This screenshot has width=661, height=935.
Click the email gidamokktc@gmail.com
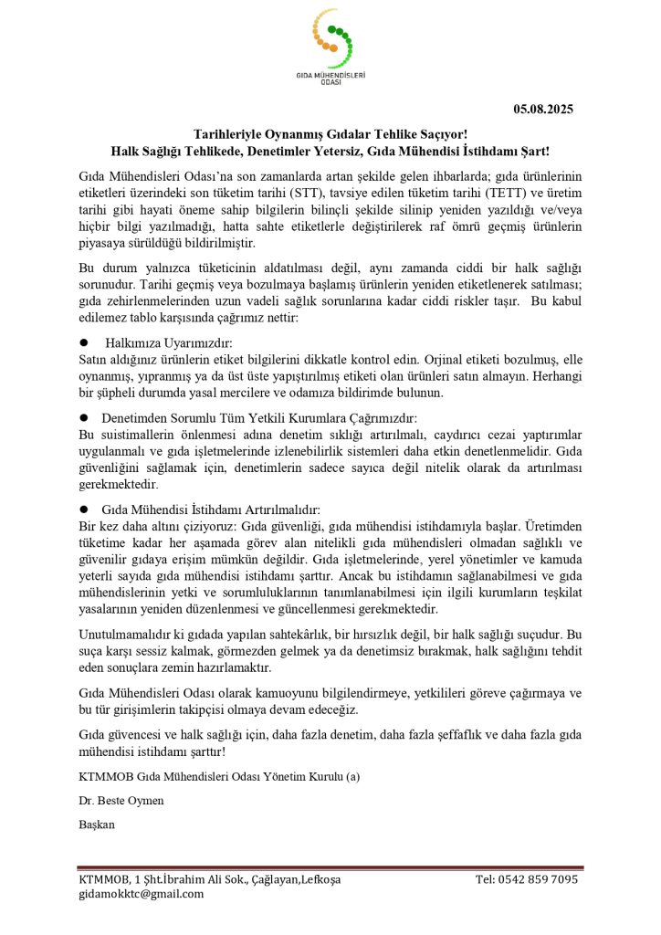click(141, 895)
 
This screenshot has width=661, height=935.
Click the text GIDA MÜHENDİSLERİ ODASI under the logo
click(330, 79)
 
